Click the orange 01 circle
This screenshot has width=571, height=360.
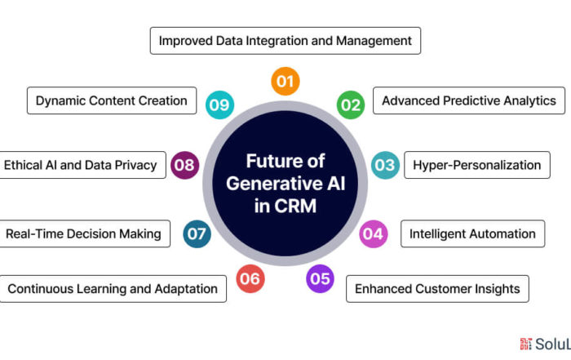click(285, 81)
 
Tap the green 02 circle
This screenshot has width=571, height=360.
click(351, 105)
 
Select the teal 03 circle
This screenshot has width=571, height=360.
click(385, 165)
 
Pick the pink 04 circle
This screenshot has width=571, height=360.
click(374, 234)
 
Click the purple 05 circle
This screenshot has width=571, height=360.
click(320, 278)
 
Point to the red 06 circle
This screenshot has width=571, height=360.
click(250, 278)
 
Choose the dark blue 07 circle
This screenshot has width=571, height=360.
click(197, 234)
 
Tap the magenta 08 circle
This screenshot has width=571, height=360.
click(184, 165)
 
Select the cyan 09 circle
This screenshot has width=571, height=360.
click(219, 105)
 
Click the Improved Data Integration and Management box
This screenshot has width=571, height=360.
click(285, 41)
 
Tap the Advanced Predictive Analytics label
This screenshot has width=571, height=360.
click(469, 100)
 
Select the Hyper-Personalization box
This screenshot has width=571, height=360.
click(477, 165)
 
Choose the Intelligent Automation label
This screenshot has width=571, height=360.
click(472, 233)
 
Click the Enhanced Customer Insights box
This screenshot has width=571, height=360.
click(437, 289)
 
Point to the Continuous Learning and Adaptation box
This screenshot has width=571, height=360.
click(113, 289)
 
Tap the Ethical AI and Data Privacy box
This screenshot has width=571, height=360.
click(82, 165)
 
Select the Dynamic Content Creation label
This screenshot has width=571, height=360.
click(112, 100)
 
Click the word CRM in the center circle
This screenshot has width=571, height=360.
click(295, 206)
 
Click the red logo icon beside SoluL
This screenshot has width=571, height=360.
click(526, 344)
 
